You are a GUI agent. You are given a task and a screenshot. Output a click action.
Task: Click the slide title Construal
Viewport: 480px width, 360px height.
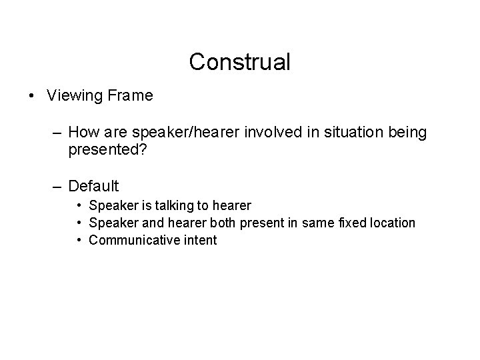240,62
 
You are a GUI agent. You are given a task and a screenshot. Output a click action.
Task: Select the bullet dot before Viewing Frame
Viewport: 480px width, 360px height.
33,96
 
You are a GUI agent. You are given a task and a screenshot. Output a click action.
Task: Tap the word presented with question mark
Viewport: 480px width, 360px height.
104,150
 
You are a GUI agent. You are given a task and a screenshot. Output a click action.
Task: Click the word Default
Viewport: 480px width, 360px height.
93,186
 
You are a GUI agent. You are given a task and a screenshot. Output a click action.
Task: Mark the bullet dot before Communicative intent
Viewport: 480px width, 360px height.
79,240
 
